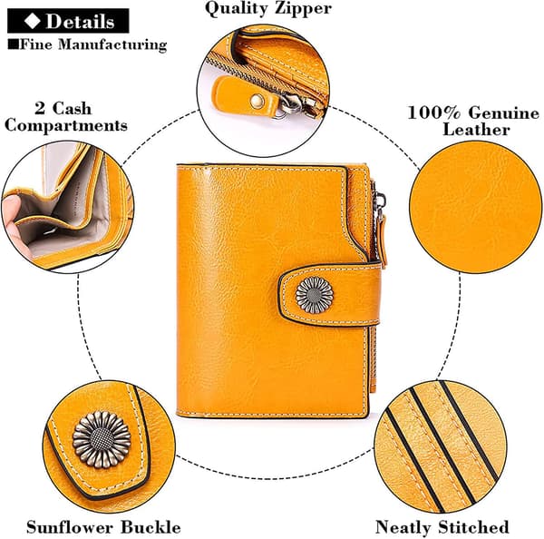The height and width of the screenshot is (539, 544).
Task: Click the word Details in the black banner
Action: (x=80, y=22)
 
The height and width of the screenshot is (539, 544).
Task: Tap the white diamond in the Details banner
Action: (x=32, y=21)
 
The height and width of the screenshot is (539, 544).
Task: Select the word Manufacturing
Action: (x=112, y=45)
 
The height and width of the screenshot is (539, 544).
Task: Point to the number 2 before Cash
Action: (x=40, y=108)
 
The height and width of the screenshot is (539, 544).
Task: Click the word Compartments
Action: (x=66, y=125)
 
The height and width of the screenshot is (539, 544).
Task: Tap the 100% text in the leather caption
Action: (x=434, y=113)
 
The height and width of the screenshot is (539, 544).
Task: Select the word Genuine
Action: (x=504, y=113)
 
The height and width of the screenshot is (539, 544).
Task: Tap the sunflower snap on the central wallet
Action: (x=315, y=295)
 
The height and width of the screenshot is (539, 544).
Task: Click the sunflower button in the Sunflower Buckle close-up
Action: (x=102, y=439)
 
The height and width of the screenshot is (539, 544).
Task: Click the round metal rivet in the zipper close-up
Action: (x=257, y=101)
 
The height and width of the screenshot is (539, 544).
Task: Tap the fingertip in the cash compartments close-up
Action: (x=11, y=206)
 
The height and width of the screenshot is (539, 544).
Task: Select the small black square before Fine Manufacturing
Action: (x=13, y=44)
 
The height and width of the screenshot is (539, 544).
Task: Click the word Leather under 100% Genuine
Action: (x=476, y=130)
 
